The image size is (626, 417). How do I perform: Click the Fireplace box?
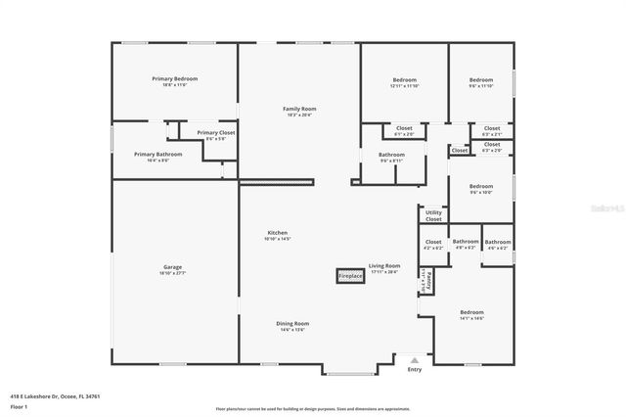point(350,276)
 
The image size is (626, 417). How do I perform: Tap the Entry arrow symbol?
point(415,359)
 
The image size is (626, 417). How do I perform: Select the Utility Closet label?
point(433,215)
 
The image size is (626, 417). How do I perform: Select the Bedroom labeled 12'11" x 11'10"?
point(405,82)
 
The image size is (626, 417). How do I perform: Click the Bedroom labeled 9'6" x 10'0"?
point(480,189)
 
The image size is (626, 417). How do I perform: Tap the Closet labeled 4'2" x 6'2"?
point(433,244)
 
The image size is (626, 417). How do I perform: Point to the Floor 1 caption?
point(19,406)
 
